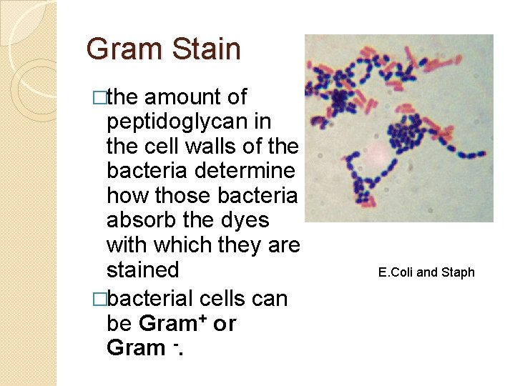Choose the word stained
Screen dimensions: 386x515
142,270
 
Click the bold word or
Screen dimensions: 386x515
225,324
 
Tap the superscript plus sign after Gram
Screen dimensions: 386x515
202,318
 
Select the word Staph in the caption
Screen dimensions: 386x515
458,272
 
